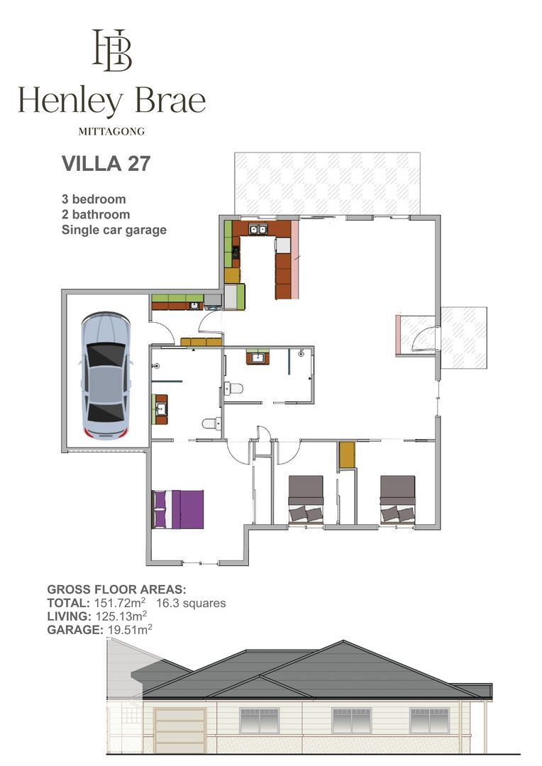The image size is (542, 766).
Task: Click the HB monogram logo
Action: pyautogui.click(x=112, y=50)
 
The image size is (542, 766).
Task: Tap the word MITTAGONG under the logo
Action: pyautogui.click(x=111, y=131)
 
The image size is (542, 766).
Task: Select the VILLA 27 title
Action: pyautogui.click(x=106, y=164)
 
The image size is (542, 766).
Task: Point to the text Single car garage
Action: pyautogui.click(x=114, y=230)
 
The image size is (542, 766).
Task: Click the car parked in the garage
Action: pyautogui.click(x=106, y=375)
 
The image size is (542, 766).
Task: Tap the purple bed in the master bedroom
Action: pyautogui.click(x=178, y=509)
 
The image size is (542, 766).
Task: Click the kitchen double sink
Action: pyautogui.click(x=258, y=228)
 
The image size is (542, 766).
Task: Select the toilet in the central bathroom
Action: pyautogui.click(x=233, y=389)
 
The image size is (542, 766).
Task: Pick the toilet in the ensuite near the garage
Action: pyautogui.click(x=211, y=423)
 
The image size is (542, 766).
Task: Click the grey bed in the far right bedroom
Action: pyautogui.click(x=398, y=500)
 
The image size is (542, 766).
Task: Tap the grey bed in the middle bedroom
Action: pyautogui.click(x=306, y=500)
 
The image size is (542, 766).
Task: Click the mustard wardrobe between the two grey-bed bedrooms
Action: pyautogui.click(x=347, y=455)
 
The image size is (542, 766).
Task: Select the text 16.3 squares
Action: pyautogui.click(x=191, y=604)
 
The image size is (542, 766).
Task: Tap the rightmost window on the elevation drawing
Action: pyautogui.click(x=430, y=721)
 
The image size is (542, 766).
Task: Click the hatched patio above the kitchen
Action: pyautogui.click(x=328, y=184)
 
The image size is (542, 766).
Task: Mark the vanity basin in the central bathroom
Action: pyautogui.click(x=258, y=358)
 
